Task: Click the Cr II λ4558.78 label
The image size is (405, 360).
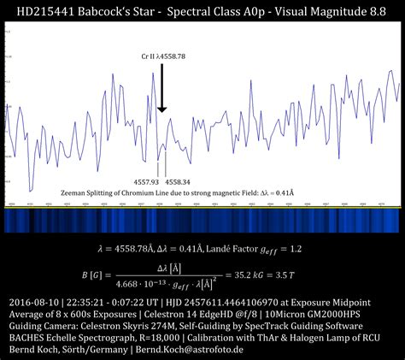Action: click(165, 56)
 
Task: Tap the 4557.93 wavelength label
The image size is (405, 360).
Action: click(147, 182)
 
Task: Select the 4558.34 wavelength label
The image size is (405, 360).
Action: click(178, 182)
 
